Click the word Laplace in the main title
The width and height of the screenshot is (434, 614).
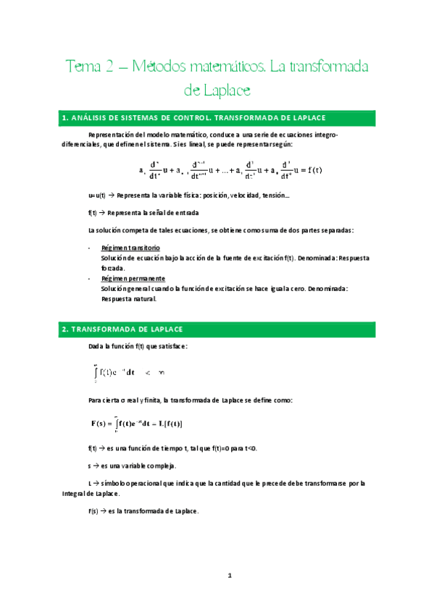(226, 91)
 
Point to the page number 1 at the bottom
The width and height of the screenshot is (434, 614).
(229, 576)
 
